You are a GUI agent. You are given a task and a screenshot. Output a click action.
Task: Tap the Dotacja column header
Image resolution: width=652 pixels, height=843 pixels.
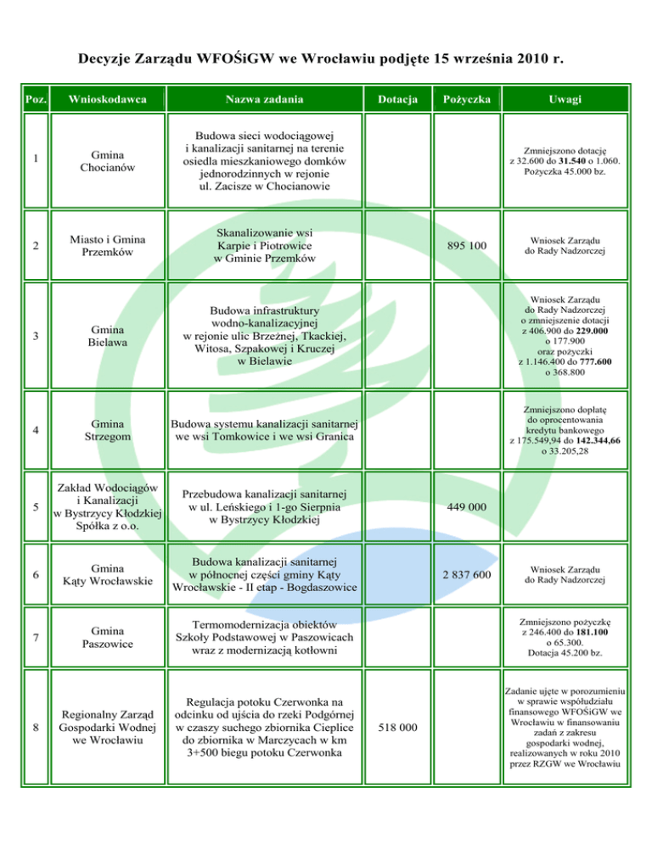399,100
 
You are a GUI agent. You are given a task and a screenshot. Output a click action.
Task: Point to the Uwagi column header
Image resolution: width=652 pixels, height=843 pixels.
565,100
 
